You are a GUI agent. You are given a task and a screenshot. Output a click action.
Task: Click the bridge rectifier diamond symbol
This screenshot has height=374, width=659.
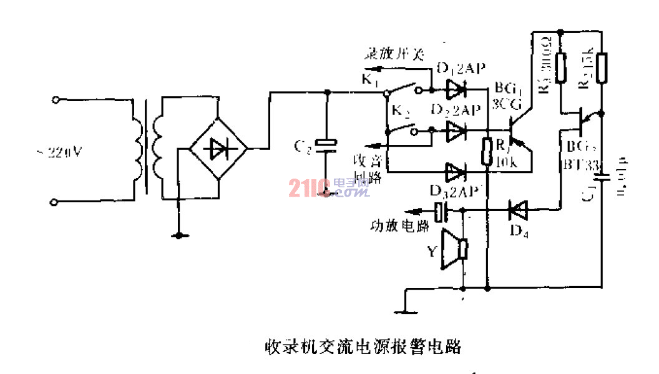coord(218,149)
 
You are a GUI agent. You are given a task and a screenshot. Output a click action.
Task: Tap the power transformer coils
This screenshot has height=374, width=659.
coord(147,149)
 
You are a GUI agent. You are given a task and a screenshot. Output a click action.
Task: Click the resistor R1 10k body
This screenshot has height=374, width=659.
coord(486,152)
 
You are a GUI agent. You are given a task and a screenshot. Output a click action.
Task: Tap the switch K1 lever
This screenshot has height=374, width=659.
coord(409,88)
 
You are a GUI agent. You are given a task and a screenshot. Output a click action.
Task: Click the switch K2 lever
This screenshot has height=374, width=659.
coord(408,129)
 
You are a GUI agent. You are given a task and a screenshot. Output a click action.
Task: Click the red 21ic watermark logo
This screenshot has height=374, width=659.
coord(309,187)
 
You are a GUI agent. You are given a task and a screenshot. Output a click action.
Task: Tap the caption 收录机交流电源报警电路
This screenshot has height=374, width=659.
coord(363,346)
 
